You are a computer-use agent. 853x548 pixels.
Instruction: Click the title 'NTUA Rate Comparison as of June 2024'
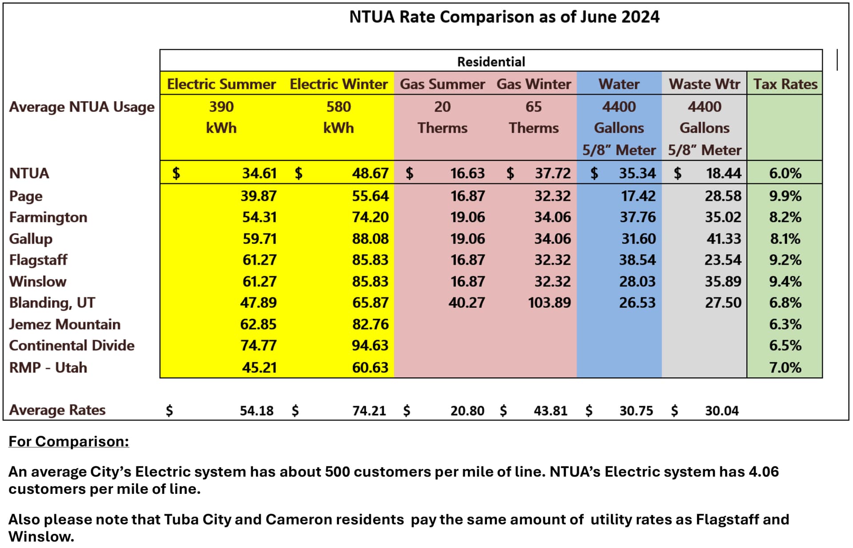coord(504,17)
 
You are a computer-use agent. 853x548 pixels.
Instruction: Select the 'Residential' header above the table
coord(491,62)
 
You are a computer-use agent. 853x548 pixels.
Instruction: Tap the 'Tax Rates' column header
coord(785,84)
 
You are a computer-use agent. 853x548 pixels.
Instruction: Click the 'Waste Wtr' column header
coord(704,84)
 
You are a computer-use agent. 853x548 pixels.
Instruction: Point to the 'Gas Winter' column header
coord(533,84)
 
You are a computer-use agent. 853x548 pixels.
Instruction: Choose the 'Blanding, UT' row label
coord(52,303)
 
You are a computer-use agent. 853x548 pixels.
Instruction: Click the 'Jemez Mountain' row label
coord(64,324)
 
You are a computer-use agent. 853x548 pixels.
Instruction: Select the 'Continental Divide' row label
coord(72,345)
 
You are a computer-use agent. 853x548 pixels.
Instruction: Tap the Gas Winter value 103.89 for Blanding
coord(549,303)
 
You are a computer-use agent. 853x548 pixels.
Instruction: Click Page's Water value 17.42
coord(638,196)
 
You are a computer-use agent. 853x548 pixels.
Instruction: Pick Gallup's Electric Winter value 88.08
coord(370,239)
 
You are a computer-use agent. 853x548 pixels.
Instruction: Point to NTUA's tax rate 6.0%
coord(785,173)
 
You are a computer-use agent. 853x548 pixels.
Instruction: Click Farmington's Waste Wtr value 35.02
coord(723,217)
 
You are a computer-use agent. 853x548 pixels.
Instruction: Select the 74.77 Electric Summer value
coord(258,345)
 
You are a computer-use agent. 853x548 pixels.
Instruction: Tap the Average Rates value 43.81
coord(550,411)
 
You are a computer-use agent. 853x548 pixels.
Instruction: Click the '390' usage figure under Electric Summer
coord(221,107)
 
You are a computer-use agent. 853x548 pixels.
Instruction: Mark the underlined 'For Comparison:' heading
coord(69,441)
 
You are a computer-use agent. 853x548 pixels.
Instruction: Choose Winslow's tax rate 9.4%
coord(785,282)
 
